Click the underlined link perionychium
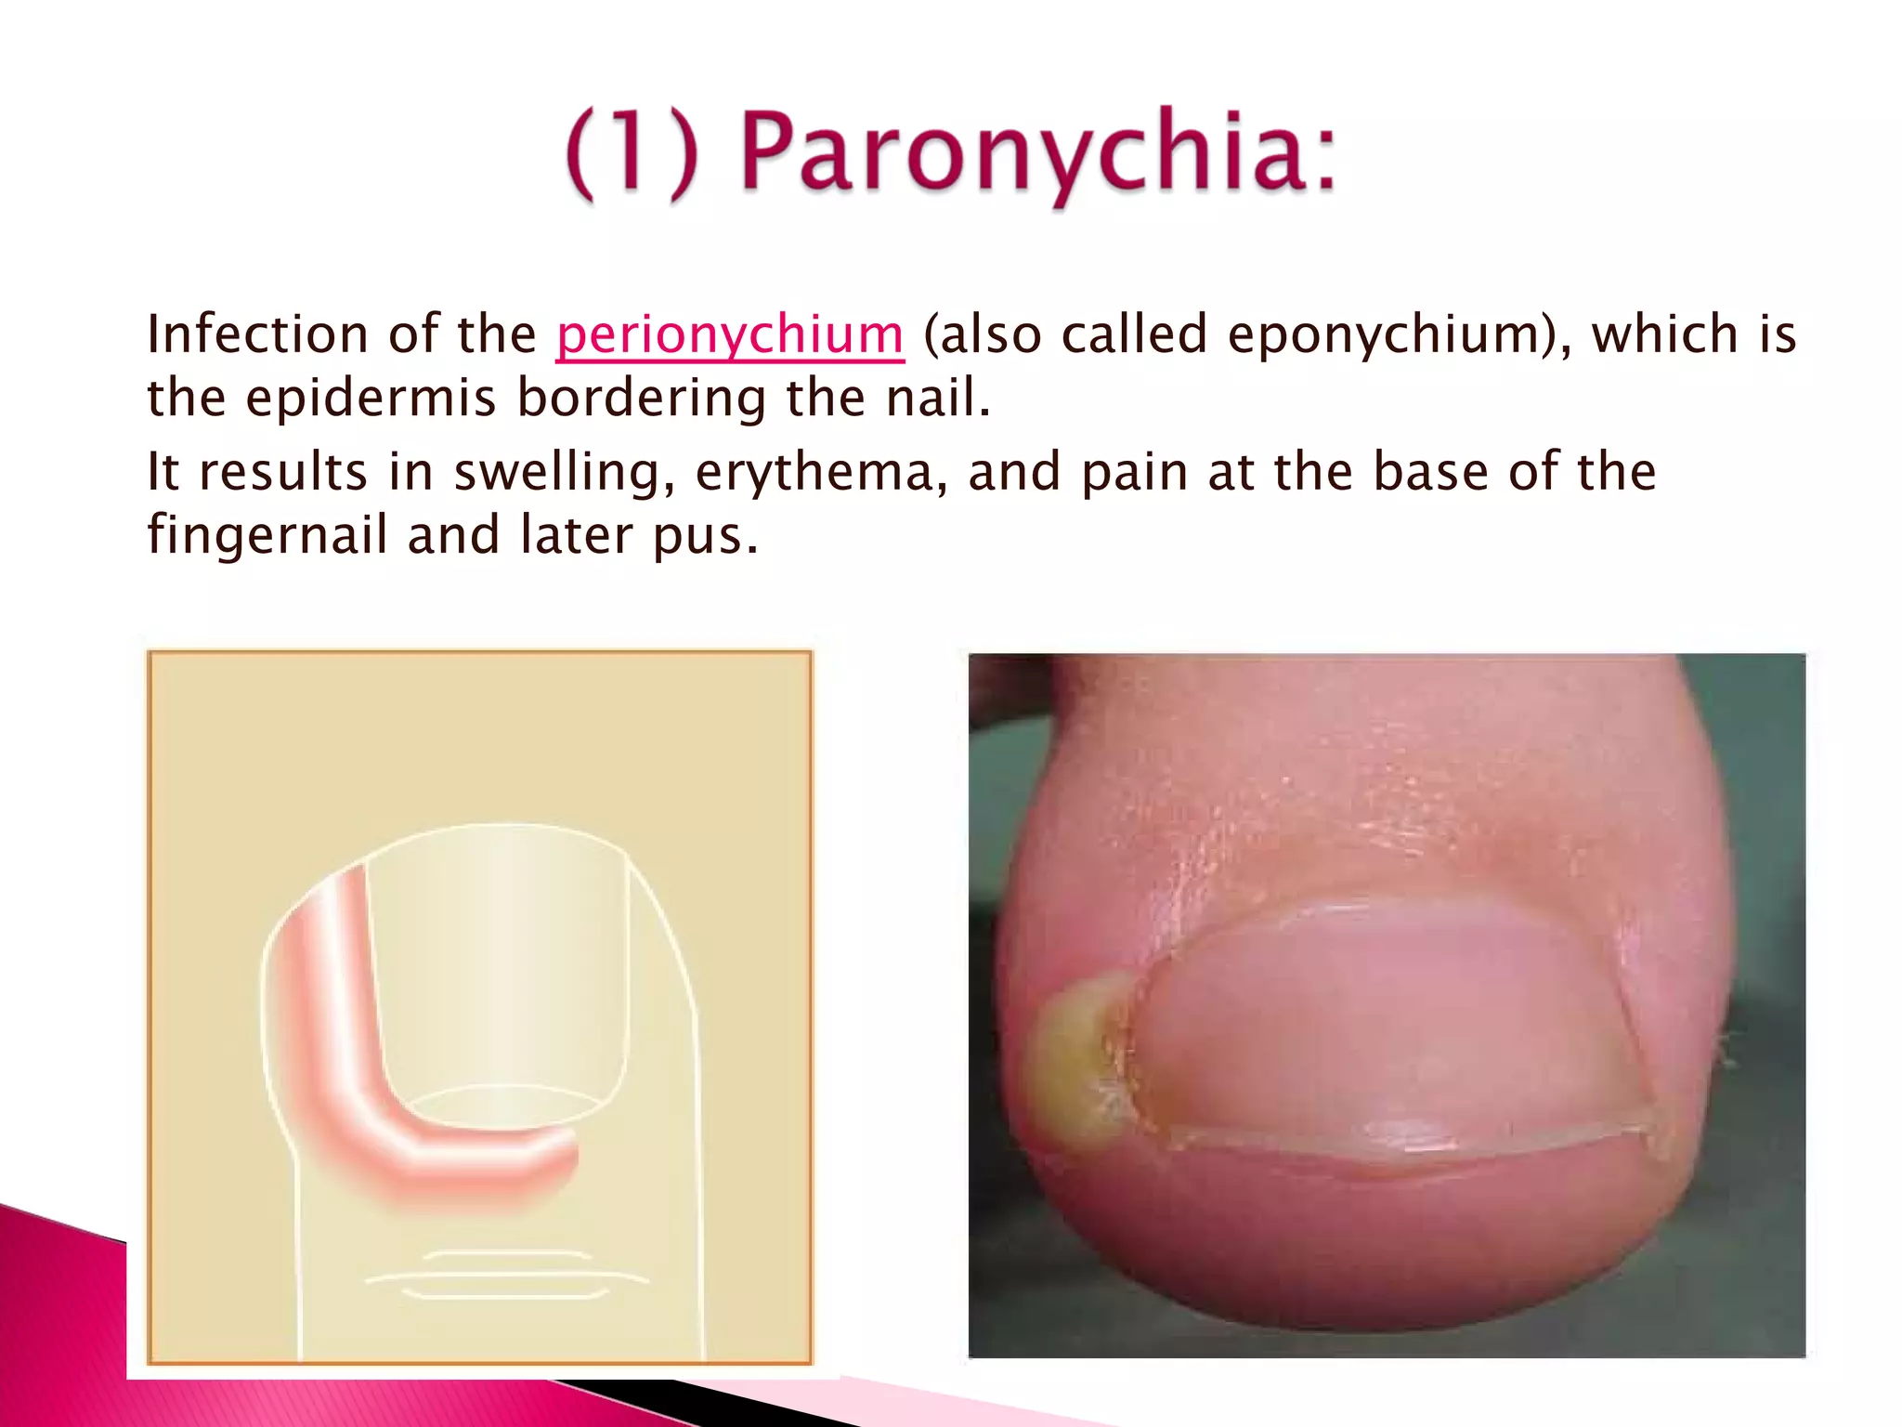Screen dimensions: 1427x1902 (729, 334)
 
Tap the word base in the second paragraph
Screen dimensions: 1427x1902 (1430, 471)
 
